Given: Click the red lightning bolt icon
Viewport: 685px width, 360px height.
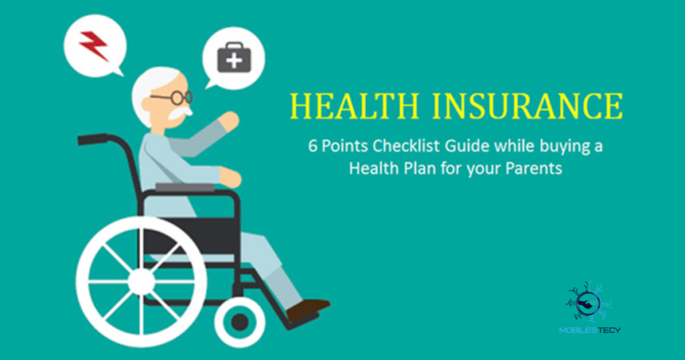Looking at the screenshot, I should (x=94, y=45).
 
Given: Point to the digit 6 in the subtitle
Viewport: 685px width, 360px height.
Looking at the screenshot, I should (x=312, y=147).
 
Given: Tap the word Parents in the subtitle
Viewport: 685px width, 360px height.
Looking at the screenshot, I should (x=533, y=168).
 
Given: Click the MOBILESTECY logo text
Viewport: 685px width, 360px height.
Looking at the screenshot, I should (x=589, y=330).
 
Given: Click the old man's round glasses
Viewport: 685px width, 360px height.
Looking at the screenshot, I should (x=175, y=98).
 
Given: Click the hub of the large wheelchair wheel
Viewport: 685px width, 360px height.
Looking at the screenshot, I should (x=141, y=281).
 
